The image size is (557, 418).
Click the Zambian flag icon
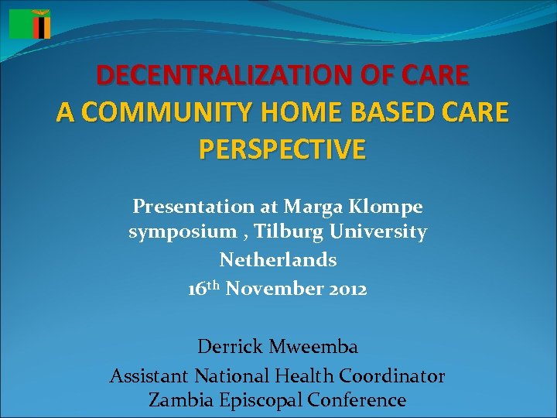click(29, 24)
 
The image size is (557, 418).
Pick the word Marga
click(310, 207)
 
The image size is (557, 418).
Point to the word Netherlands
click(278, 259)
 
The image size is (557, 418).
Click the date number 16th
click(205, 288)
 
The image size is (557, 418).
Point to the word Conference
click(357, 400)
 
